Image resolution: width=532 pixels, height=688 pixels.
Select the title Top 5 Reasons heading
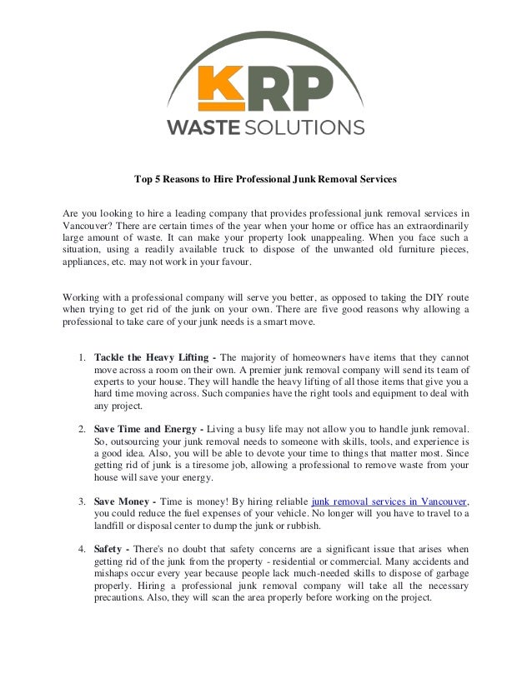(x=266, y=178)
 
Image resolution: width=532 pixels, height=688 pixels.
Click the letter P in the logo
(x=312, y=88)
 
